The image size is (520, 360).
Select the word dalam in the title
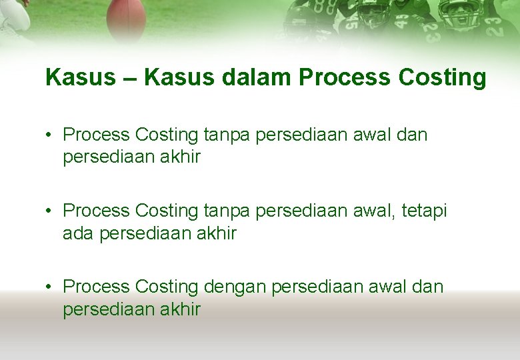257,78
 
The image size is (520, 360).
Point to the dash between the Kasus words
129,78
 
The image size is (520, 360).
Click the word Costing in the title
442,78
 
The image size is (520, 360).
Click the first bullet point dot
49,135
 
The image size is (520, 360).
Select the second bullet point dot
49,211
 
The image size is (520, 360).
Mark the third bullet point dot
49,287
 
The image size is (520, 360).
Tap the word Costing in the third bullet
167,287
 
